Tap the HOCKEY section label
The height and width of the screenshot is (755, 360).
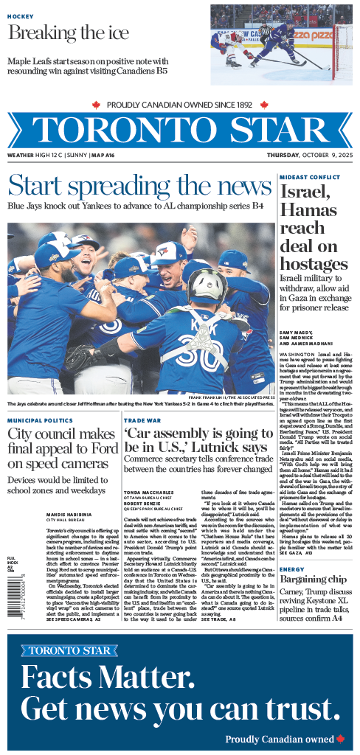pos(21,16)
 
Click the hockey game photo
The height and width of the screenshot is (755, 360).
pos(281,37)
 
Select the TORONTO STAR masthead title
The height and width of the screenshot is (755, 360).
pos(180,131)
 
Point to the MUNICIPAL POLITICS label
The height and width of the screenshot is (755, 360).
pos(40,420)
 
